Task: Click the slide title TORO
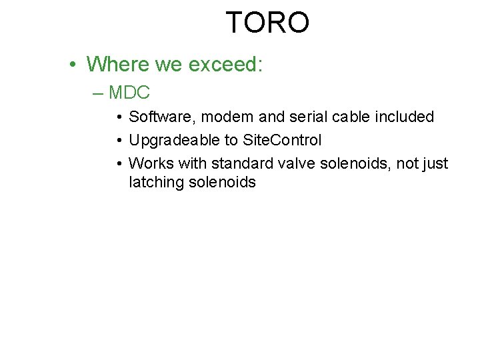267,23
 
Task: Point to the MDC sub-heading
129,93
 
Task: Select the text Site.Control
283,141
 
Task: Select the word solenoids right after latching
223,182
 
